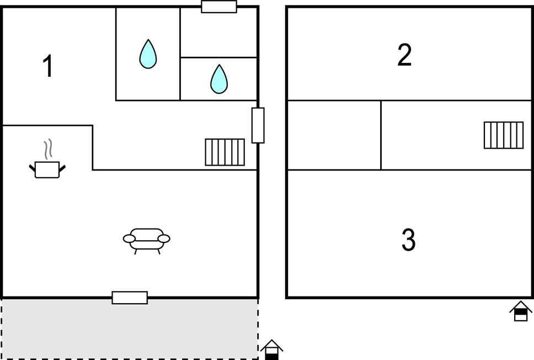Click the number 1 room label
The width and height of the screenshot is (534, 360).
(x=48, y=66)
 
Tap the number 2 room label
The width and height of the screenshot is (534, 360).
(x=404, y=55)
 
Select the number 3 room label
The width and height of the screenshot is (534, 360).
(x=408, y=240)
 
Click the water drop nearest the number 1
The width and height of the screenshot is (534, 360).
(x=148, y=54)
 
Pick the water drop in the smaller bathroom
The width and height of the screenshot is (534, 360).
(x=219, y=79)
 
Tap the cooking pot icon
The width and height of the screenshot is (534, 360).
(x=47, y=170)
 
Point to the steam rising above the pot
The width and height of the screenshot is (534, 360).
(x=48, y=149)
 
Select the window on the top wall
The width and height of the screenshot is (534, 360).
(x=219, y=7)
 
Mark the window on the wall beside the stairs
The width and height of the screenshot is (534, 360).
(x=258, y=125)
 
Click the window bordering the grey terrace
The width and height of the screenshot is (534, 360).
(x=130, y=298)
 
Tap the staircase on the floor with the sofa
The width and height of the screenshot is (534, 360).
(x=225, y=152)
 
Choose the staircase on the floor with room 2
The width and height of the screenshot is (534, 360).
(x=504, y=135)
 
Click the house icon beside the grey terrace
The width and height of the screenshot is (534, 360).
(x=272, y=350)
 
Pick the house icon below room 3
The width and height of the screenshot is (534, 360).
(x=521, y=311)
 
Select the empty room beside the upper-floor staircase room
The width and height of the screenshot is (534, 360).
(x=334, y=135)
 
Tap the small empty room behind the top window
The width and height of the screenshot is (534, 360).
(x=218, y=32)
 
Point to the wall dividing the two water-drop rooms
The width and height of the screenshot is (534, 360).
(x=180, y=54)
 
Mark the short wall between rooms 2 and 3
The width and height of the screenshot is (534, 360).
(x=381, y=135)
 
